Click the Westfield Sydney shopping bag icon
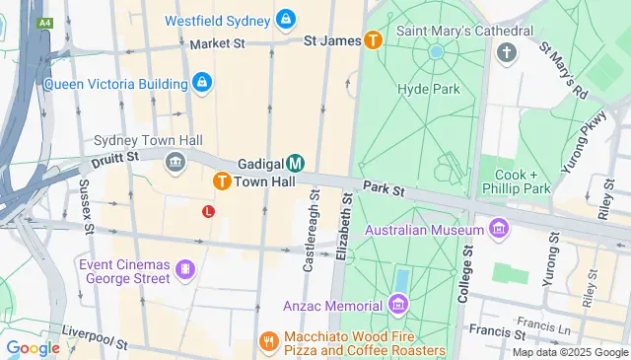click(x=285, y=18)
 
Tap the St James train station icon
click(x=374, y=40)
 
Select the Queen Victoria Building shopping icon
click(x=201, y=83)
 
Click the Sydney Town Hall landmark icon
click(x=176, y=162)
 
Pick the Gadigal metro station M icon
click(x=296, y=163)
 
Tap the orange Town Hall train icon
click(x=222, y=181)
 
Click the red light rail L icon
click(x=208, y=211)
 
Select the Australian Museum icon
click(x=500, y=230)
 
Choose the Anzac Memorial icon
click(x=398, y=302)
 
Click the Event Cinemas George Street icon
click(x=184, y=269)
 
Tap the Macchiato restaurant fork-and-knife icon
click(x=268, y=341)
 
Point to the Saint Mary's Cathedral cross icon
click(x=507, y=51)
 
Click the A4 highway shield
click(x=44, y=22)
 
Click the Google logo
click(x=33, y=347)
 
